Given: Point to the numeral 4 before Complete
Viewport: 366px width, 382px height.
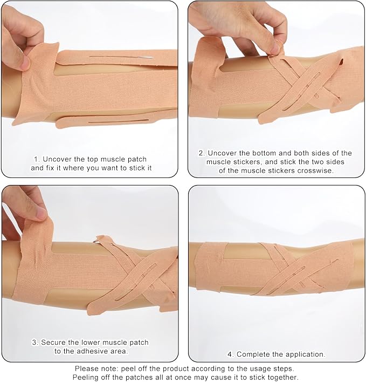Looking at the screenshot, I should (230, 354).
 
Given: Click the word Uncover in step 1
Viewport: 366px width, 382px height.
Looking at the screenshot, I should (56, 159).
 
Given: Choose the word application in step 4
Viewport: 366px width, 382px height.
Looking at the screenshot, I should (305, 354).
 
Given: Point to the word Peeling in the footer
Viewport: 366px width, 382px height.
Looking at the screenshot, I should (86, 377).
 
